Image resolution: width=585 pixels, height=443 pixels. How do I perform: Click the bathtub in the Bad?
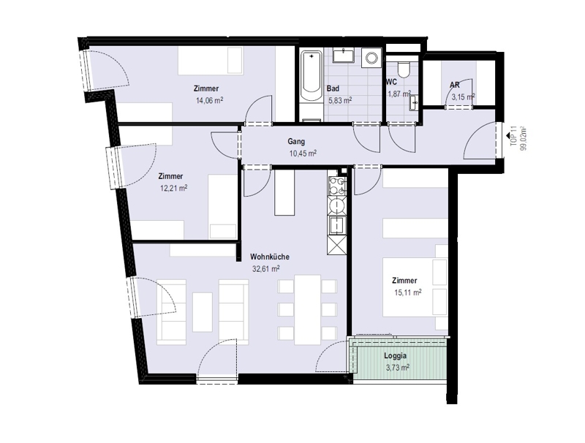click(312, 77)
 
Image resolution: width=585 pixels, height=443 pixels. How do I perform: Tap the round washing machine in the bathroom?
click(372, 58)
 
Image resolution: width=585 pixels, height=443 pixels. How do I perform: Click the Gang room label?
click(296, 141)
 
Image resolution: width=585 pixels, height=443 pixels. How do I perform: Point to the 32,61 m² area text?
click(266, 268)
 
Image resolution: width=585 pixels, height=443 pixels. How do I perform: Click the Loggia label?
click(395, 356)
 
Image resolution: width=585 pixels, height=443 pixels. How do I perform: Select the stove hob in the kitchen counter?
click(337, 186)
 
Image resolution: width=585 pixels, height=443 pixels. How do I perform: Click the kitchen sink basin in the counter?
click(337, 225)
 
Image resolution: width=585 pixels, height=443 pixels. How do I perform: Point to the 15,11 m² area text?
click(408, 292)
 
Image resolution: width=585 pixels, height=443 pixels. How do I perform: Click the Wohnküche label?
click(270, 257)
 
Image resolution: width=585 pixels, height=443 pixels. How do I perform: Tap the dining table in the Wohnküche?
click(307, 309)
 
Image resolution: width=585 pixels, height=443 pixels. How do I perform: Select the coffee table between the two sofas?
click(203, 311)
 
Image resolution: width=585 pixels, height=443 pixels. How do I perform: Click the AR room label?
click(454, 85)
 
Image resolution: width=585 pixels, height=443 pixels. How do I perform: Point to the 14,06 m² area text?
click(209, 100)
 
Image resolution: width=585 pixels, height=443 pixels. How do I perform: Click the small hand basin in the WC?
click(414, 103)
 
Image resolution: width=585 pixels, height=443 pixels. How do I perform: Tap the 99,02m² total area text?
click(524, 138)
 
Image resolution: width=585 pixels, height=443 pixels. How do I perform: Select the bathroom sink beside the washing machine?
click(344, 56)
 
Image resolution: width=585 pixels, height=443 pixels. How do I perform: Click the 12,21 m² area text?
click(173, 188)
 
